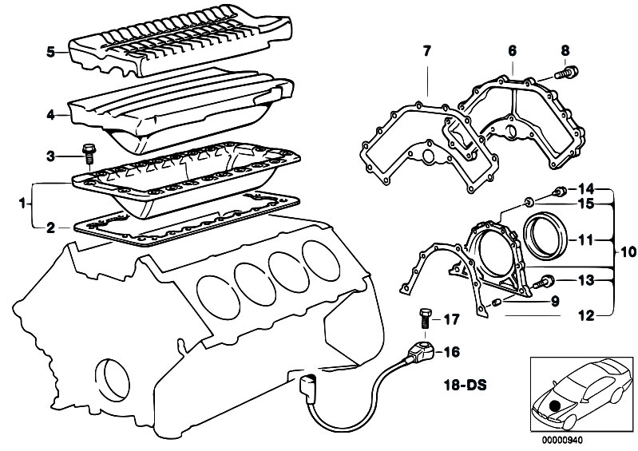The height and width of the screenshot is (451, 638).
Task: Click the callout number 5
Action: coord(50,53)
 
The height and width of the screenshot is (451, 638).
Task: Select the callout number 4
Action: coord(50,116)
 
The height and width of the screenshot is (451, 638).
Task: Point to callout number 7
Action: coord(426,53)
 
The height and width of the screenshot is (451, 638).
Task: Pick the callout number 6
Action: coord(512,50)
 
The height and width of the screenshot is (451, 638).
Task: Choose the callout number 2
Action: coord(50,227)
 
